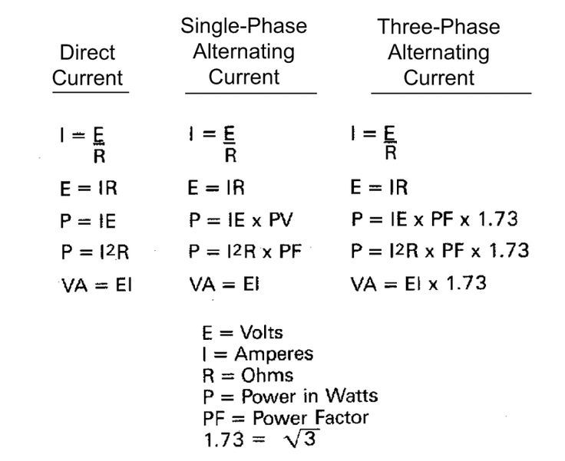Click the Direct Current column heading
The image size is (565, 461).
(88, 65)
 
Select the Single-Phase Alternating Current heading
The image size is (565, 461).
(244, 51)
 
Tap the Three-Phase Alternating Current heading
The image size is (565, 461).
(439, 52)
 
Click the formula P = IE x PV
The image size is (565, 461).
(241, 220)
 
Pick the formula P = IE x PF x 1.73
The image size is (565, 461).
(434, 219)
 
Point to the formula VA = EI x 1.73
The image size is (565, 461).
(418, 284)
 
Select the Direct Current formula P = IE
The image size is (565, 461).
(88, 221)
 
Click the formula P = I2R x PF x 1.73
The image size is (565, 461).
(440, 250)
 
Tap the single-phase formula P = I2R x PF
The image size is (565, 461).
(245, 251)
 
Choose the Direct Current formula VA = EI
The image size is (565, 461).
(97, 285)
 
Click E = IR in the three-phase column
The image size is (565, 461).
(379, 188)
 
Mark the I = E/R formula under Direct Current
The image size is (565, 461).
(83, 145)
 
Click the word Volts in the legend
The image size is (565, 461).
(261, 332)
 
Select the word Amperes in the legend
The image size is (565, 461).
(274, 354)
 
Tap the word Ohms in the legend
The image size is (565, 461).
(267, 375)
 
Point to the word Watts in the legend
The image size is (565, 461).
(352, 396)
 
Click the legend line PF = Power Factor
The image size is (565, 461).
(286, 418)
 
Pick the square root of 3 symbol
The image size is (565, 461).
(301, 438)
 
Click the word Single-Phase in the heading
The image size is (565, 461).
(244, 26)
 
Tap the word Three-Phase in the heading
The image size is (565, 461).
(439, 27)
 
